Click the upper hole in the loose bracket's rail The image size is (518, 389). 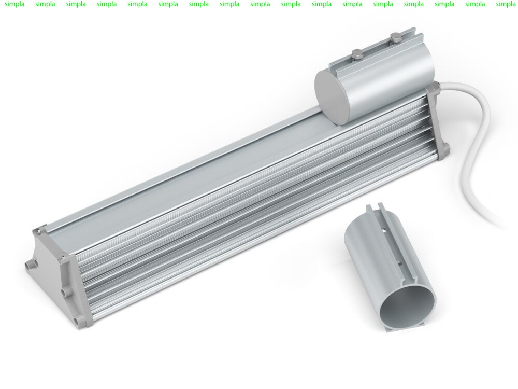coord(384,228)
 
